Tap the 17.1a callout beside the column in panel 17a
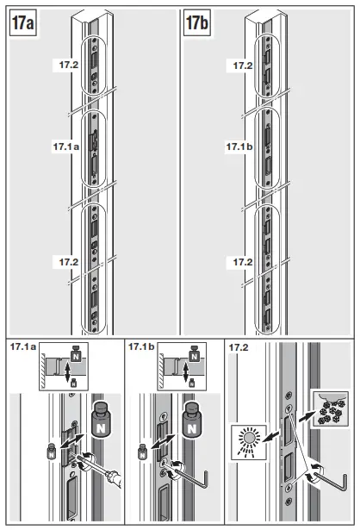pyautogui.click(x=65, y=147)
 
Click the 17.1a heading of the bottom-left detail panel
pyautogui.click(x=23, y=346)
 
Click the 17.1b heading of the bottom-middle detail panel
pyautogui.click(x=142, y=346)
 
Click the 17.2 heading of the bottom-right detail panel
pyautogui.click(x=237, y=346)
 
